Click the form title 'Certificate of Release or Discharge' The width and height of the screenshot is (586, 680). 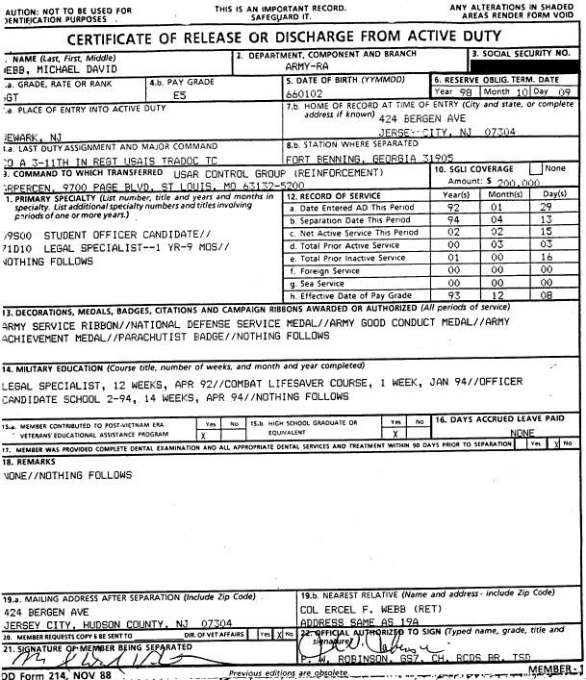click(292, 38)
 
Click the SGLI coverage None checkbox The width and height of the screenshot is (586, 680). click(535, 169)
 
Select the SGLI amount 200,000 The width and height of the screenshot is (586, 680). click(523, 181)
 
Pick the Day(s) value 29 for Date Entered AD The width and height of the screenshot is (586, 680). click(548, 208)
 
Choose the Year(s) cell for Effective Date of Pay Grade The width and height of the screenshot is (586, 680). click(453, 295)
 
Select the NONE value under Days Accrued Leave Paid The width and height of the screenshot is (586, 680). click(525, 433)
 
